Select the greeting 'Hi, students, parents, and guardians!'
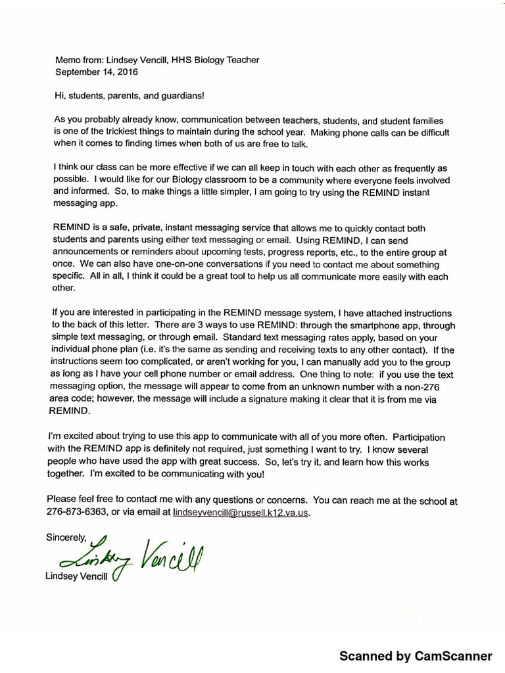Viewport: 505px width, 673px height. click(130, 96)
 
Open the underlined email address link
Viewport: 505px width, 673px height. click(241, 511)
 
